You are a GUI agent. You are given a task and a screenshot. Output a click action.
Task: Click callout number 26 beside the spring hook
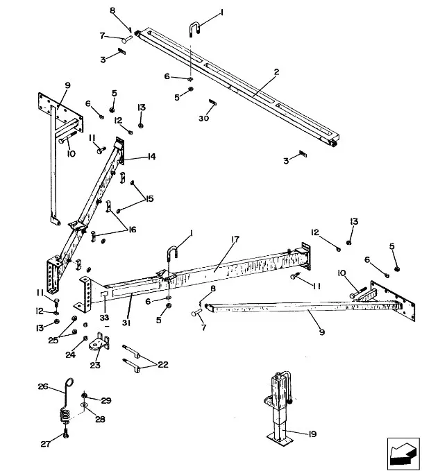click(42, 386)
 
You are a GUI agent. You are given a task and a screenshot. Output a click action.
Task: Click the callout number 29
click(106, 401)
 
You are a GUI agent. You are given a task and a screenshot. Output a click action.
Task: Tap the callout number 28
click(99, 419)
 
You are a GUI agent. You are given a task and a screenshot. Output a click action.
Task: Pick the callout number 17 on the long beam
click(235, 239)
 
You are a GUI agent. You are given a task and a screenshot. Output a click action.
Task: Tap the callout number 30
click(204, 118)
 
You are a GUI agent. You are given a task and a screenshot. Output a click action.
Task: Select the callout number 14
click(150, 157)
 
